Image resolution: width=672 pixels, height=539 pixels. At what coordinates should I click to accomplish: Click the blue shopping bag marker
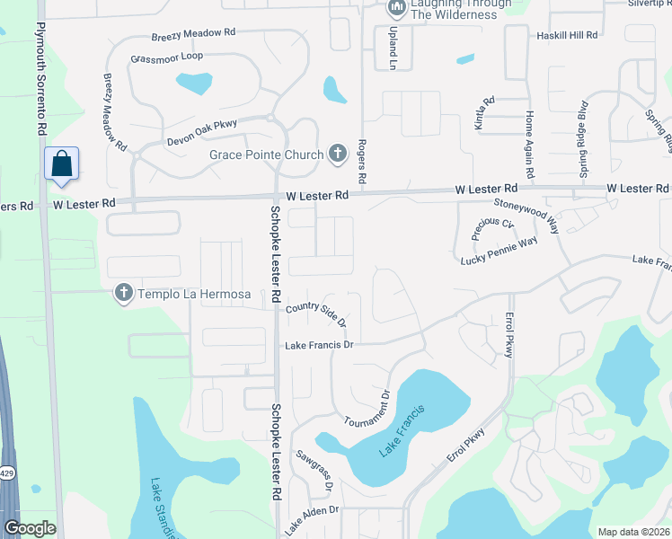click(61, 164)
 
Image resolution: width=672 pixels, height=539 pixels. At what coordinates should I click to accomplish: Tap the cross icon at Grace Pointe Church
click(337, 155)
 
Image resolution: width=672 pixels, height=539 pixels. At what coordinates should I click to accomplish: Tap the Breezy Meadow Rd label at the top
click(193, 32)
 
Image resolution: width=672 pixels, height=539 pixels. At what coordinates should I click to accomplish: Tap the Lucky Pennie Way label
click(499, 251)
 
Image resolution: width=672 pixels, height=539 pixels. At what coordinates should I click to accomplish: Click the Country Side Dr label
click(315, 314)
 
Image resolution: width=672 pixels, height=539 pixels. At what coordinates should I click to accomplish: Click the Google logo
click(30, 528)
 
